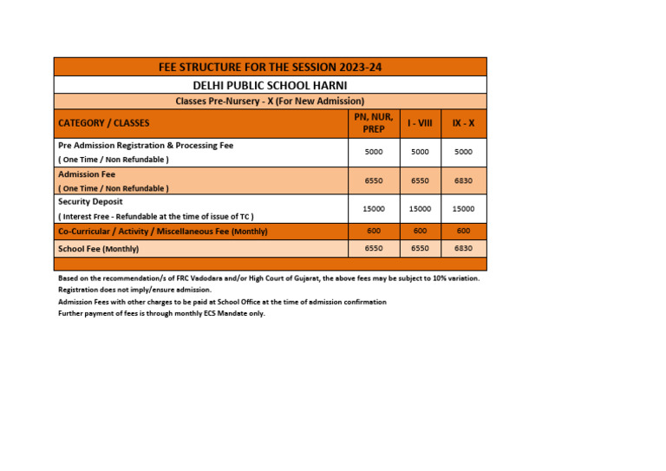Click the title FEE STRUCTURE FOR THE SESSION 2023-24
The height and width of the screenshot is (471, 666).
pos(270,67)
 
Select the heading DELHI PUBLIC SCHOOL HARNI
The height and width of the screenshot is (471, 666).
pos(270,85)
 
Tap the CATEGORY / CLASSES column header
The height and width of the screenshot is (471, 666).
pos(104,123)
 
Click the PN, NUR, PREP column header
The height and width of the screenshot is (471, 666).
pos(374,123)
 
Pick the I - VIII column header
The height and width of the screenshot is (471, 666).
pos(420,123)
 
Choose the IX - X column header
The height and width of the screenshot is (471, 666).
pos(463,123)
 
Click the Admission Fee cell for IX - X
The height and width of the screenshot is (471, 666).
pos(463,180)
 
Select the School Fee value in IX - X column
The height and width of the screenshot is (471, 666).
pos(463,248)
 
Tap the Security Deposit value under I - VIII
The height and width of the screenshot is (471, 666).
pos(420,209)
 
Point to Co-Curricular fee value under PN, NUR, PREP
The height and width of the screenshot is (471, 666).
pos(374,231)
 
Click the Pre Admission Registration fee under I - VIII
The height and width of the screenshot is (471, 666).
pos(420,152)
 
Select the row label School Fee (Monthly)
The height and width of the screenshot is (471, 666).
pos(99,249)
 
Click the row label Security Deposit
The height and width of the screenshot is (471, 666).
pos(90,201)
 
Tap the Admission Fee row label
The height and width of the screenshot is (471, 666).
pos(87,173)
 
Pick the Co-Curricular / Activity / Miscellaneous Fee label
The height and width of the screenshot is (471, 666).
pos(162,232)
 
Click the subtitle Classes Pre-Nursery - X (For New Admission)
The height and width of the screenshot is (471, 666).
pos(270,101)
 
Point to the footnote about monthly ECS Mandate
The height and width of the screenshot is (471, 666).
pos(161,313)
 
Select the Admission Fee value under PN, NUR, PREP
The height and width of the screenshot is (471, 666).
pos(374,180)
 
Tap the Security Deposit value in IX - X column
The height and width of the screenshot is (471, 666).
pos(463,209)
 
